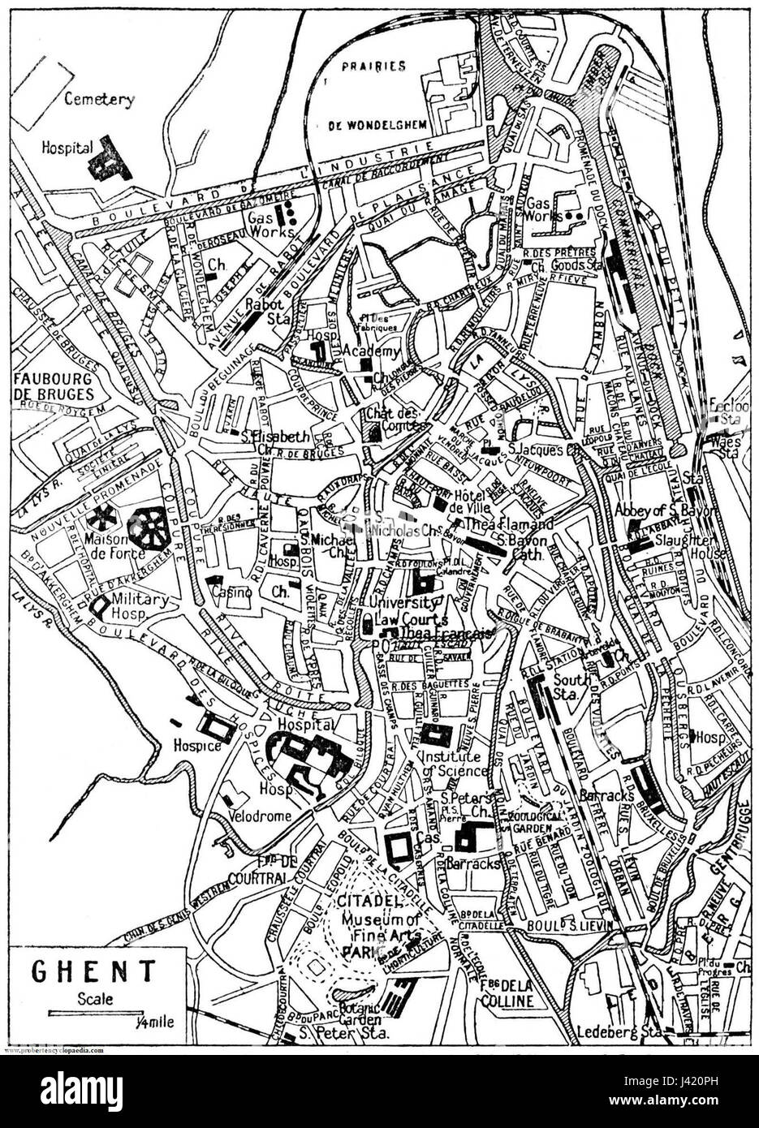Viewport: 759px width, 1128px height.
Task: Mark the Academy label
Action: (x=372, y=351)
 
